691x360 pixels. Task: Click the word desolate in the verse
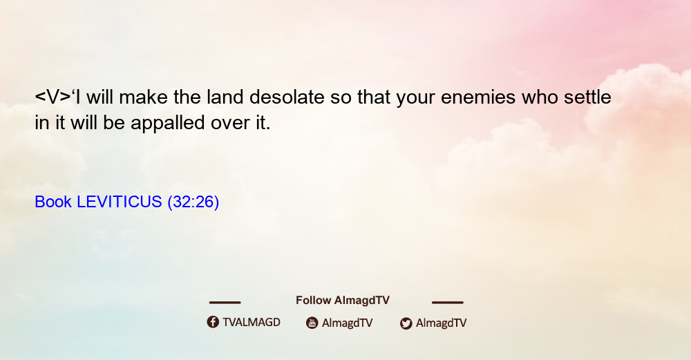[287, 97]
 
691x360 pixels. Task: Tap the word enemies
[478, 97]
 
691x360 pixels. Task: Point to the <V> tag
[53, 97]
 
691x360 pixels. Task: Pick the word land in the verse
[225, 97]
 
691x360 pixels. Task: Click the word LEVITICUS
[120, 202]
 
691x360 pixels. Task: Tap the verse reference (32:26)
[193, 202]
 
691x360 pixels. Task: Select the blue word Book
[53, 202]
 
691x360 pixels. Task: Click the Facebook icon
[213, 322]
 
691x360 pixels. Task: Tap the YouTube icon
[312, 323]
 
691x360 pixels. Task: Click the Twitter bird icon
[406, 323]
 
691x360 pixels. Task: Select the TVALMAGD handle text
[252, 322]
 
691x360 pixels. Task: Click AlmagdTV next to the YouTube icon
[348, 323]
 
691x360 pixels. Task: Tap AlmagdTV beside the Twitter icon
[441, 323]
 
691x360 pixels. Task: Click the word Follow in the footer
[313, 300]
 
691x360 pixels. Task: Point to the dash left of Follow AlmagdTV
[225, 302]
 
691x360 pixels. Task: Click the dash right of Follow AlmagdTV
[448, 302]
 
